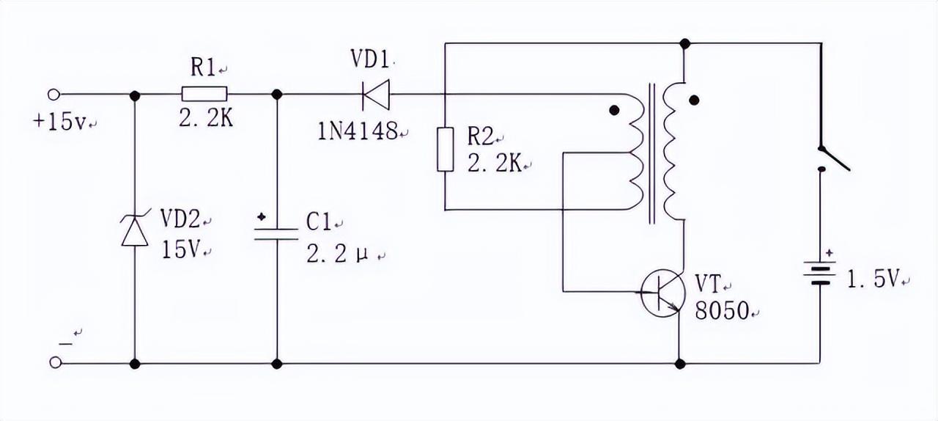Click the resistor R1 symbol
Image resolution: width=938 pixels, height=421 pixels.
(204, 95)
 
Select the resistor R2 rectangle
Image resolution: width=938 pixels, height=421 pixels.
(445, 150)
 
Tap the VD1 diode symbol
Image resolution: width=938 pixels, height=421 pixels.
(376, 95)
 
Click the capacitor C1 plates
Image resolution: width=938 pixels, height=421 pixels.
(276, 235)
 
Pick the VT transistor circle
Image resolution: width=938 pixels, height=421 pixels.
(663, 293)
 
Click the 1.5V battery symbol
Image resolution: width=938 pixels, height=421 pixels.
(820, 274)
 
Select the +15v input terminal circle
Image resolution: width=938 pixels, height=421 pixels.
(53, 95)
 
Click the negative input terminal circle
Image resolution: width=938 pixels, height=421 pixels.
(55, 362)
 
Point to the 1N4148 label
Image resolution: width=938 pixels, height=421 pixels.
(358, 132)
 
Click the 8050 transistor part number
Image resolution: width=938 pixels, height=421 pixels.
(722, 311)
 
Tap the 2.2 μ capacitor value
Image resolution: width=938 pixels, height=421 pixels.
(337, 254)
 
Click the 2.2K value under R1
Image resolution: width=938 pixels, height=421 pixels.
(206, 119)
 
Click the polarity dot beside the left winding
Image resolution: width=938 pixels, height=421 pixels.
(614, 110)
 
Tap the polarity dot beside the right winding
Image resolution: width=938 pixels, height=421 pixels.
(694, 100)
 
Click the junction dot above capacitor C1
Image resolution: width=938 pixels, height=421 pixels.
(277, 95)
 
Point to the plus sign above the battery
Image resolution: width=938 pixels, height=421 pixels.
(830, 253)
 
